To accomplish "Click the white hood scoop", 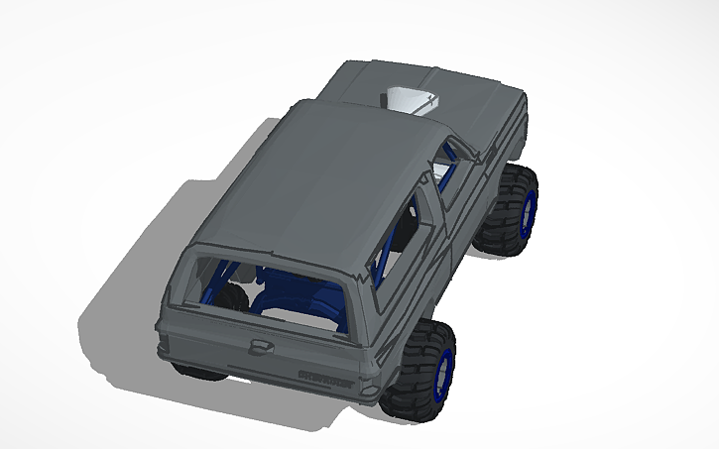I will click(x=411, y=99).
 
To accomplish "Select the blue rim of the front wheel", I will click(x=529, y=211).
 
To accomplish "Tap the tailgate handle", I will click(x=263, y=344).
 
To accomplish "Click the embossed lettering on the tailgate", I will click(x=324, y=375).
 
